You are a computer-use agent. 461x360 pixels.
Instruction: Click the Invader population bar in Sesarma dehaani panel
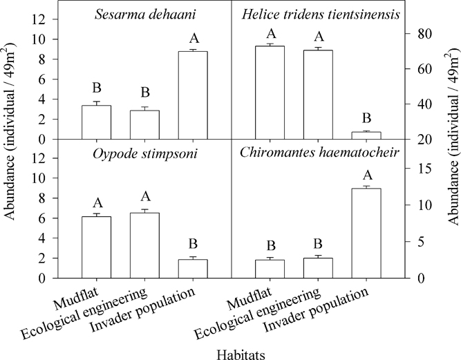pos(193,95)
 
